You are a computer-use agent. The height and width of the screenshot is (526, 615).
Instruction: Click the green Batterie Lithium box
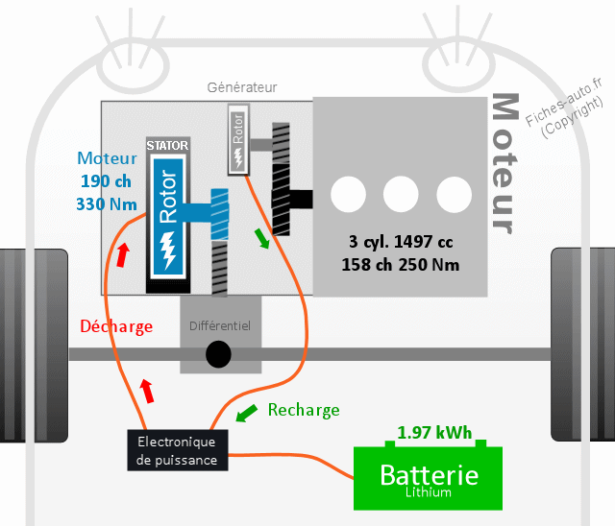[429, 478]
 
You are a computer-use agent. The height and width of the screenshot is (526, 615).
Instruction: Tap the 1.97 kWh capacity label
[435, 433]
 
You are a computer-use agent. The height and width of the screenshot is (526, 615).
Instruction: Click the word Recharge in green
[304, 410]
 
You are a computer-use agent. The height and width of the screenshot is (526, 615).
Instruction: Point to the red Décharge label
[116, 326]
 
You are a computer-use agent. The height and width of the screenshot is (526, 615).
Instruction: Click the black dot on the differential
[219, 354]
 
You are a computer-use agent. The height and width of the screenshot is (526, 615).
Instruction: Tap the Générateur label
[242, 87]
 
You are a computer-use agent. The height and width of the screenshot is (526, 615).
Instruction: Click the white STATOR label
[166, 146]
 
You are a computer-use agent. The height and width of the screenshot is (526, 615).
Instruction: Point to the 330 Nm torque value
[107, 203]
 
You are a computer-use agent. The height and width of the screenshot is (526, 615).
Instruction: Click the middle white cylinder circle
[401, 195]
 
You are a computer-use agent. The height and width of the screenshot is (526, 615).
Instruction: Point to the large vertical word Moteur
[503, 163]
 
